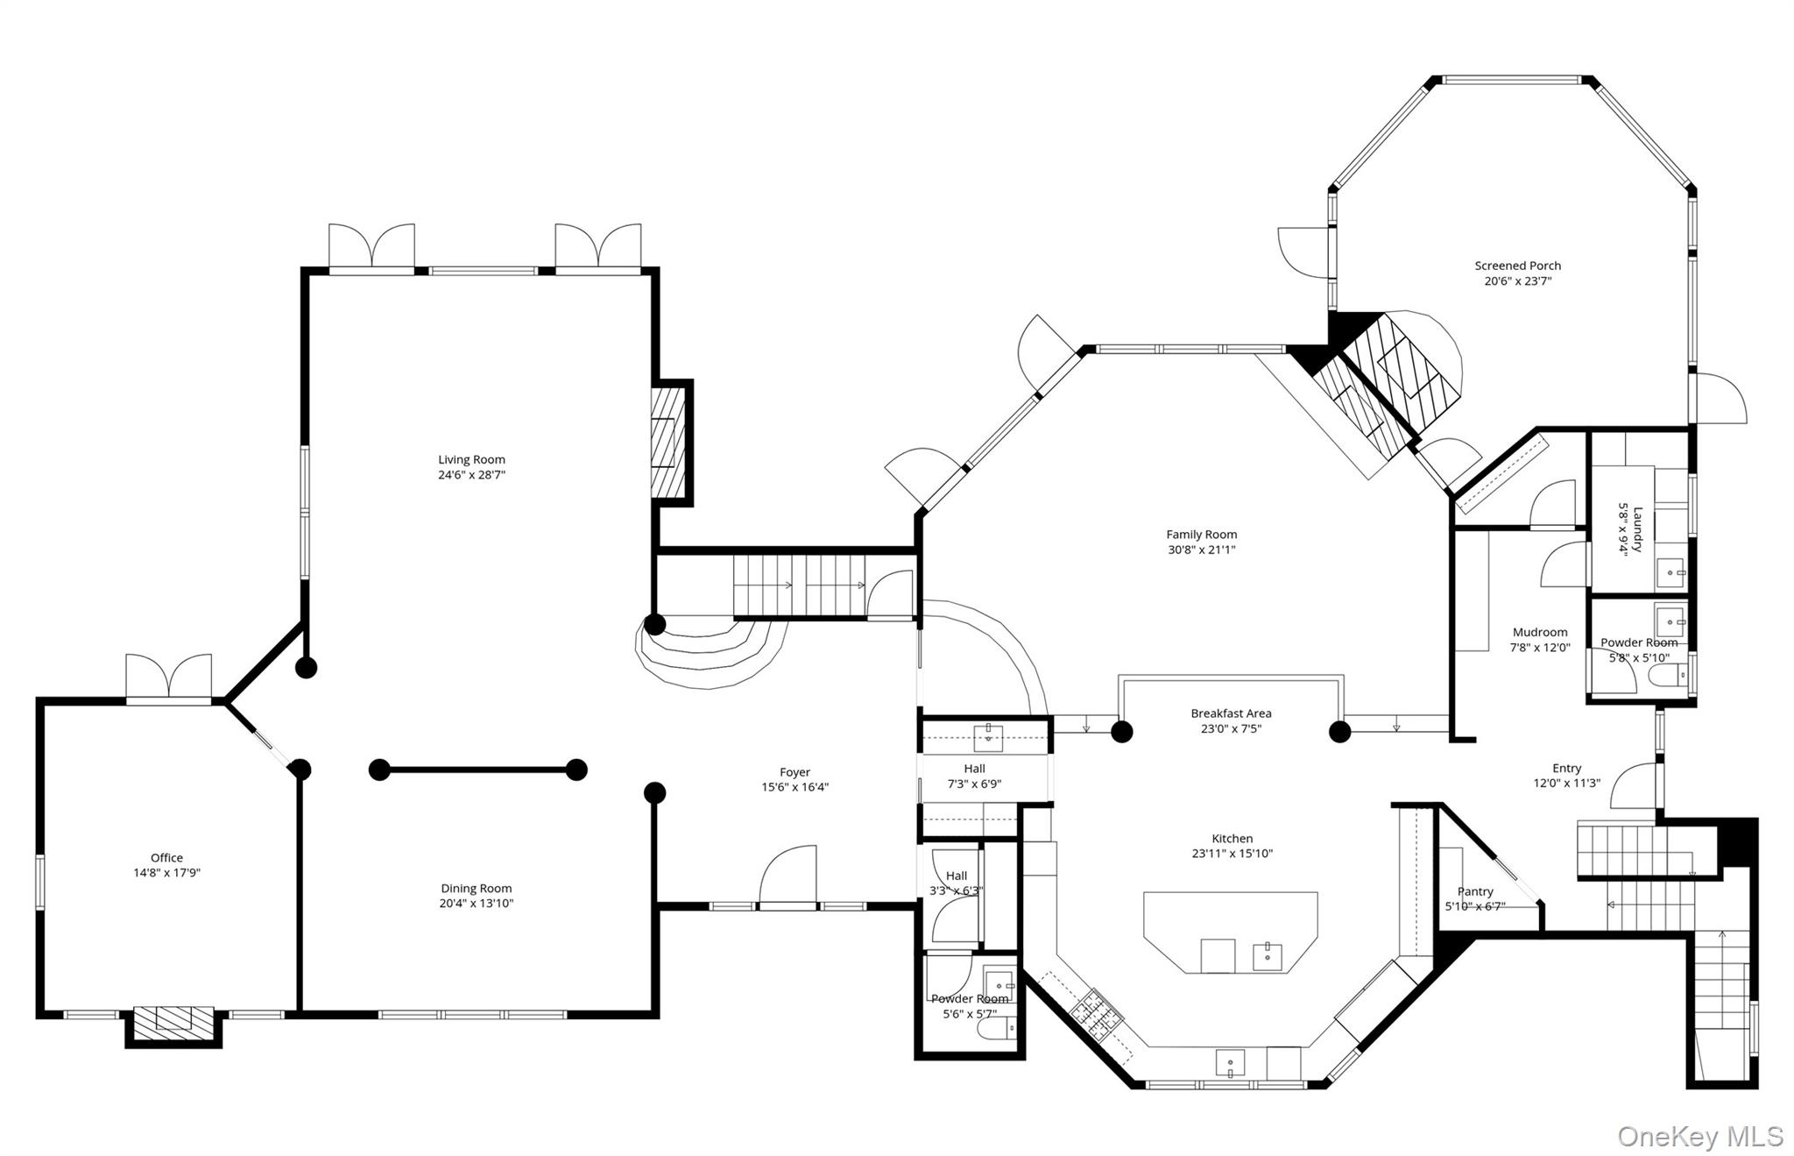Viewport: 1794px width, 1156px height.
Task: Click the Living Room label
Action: click(x=471, y=459)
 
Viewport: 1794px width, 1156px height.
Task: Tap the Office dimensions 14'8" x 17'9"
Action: click(x=166, y=873)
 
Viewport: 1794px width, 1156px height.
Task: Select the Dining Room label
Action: click(x=476, y=888)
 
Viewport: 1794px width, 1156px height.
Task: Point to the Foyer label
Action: click(x=795, y=772)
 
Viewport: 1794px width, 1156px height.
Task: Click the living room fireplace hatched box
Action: click(x=667, y=443)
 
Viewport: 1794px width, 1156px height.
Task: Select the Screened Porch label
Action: click(x=1517, y=266)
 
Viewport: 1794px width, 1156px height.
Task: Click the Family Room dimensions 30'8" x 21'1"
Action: click(x=1201, y=550)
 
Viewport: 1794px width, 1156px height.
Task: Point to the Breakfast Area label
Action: click(x=1231, y=713)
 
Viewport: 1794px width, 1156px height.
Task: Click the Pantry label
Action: click(x=1475, y=891)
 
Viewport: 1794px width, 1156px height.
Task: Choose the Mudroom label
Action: click(x=1539, y=632)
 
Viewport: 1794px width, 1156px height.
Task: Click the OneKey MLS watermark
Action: click(x=1699, y=1136)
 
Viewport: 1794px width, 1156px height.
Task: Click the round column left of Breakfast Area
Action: click(x=1122, y=731)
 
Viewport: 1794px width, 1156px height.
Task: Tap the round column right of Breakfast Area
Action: click(x=1339, y=731)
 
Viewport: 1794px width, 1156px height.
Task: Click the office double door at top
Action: click(x=168, y=678)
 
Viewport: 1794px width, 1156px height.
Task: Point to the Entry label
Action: click(x=1566, y=768)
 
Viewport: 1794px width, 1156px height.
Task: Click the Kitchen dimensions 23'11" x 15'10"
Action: click(x=1232, y=853)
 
